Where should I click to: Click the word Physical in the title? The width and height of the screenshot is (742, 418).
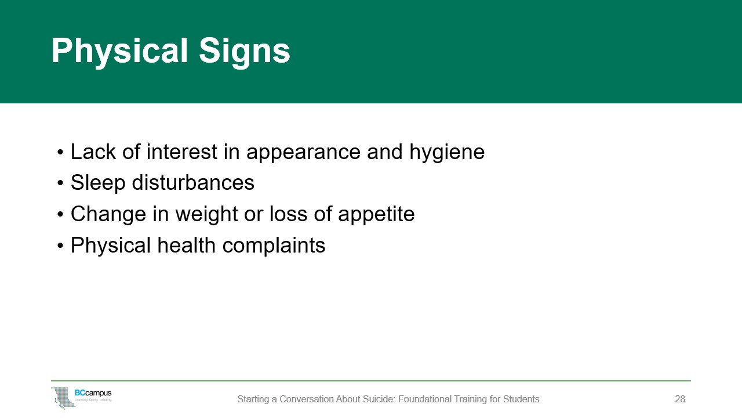click(x=119, y=51)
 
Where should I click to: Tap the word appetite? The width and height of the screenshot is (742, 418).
click(x=376, y=214)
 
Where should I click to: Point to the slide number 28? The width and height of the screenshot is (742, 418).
click(x=680, y=399)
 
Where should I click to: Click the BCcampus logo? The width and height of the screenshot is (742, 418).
click(x=82, y=397)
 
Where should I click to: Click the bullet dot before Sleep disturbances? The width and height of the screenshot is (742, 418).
click(x=61, y=183)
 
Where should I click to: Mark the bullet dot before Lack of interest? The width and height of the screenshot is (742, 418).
click(x=61, y=153)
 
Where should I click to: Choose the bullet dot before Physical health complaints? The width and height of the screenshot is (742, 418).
click(x=61, y=246)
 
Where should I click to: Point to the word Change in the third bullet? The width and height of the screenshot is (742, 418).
click(x=107, y=214)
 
